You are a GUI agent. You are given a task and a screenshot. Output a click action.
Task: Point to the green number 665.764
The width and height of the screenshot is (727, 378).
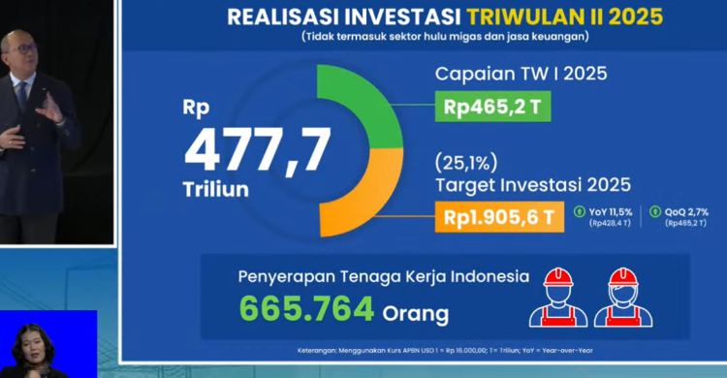tap(306, 309)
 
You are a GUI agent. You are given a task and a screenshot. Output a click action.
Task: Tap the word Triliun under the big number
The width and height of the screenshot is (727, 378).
tap(216, 189)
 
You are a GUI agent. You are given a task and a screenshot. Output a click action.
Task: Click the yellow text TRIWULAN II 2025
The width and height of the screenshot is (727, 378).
tap(552, 16)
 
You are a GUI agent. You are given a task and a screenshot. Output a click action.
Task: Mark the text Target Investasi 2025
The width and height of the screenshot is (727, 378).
tap(532, 184)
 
